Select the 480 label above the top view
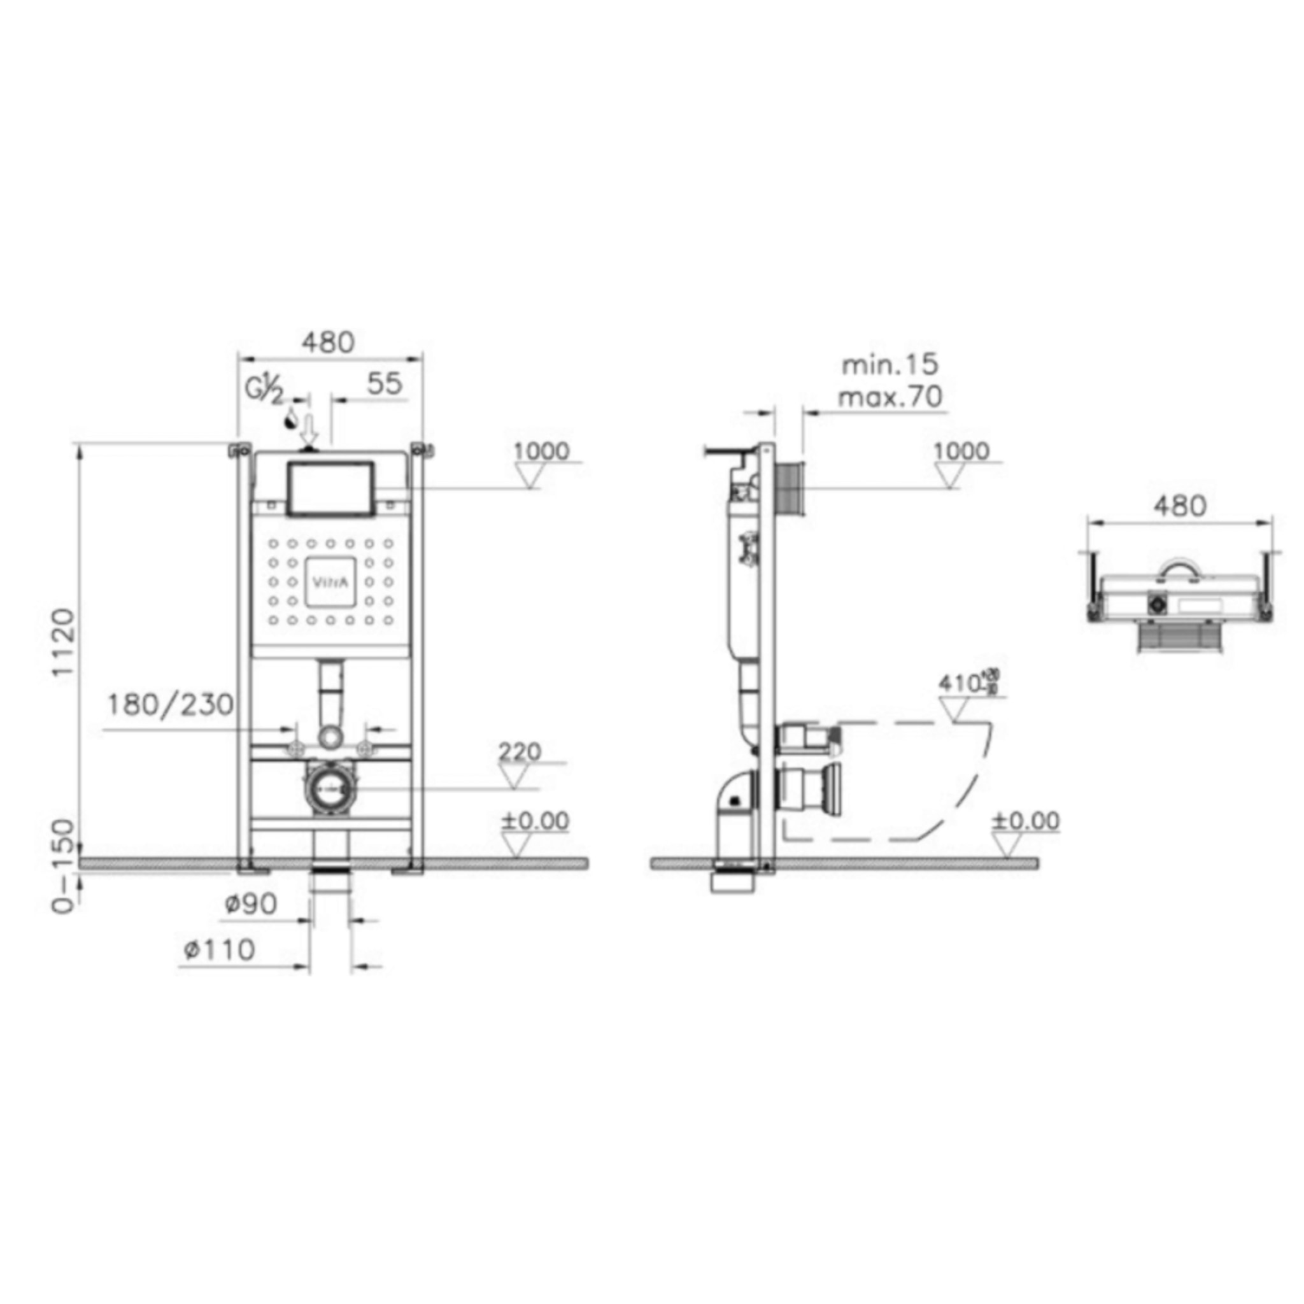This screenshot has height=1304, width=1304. click(x=1179, y=506)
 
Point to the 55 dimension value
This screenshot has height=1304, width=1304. click(x=384, y=384)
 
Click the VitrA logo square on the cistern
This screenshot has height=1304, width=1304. click(x=330, y=582)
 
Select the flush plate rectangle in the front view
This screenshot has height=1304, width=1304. click(x=330, y=488)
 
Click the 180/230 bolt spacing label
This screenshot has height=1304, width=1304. click(x=170, y=705)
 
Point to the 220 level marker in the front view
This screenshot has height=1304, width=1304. click(x=520, y=752)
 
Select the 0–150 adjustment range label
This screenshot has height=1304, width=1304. click(x=65, y=866)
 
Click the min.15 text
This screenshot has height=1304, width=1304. click(x=889, y=365)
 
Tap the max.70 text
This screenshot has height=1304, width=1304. click(x=889, y=397)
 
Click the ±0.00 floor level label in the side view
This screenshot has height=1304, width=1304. click(x=1025, y=821)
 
